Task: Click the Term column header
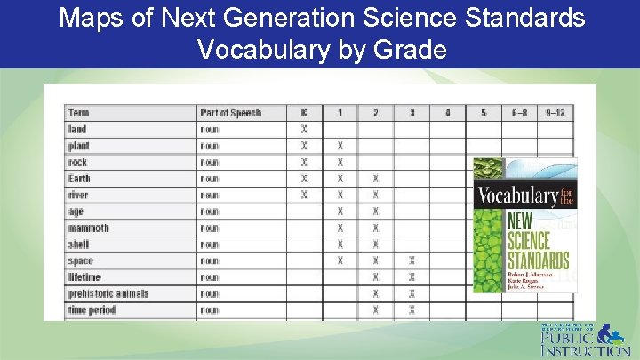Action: [x=78, y=113]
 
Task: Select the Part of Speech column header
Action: [x=231, y=113]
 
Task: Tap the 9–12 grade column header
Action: [x=555, y=113]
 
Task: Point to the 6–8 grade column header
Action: [x=519, y=113]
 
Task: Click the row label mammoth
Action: [x=89, y=228]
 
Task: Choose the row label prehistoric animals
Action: [x=108, y=294]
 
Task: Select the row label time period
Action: [x=92, y=310]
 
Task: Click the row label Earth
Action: [x=80, y=179]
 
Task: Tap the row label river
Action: [x=78, y=196]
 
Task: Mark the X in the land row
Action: [x=304, y=130]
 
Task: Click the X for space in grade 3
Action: [x=412, y=261]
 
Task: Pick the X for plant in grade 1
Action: [x=340, y=146]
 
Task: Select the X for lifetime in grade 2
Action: [x=376, y=277]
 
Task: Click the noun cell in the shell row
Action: [x=210, y=244]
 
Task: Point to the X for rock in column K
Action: [x=304, y=163]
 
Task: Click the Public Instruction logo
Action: [x=585, y=340]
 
